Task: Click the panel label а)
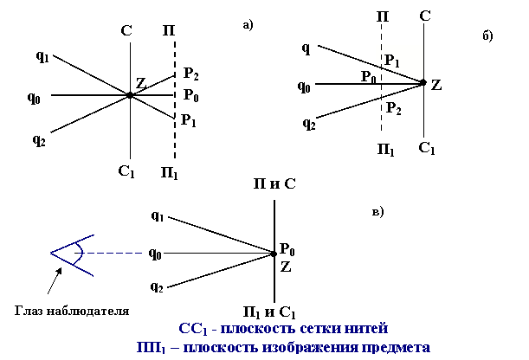(248, 25)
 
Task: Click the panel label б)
(487, 35)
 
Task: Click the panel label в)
(377, 210)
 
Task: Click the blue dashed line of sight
(113, 254)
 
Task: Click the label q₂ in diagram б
(309, 124)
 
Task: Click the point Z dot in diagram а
(129, 95)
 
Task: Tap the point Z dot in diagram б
(423, 83)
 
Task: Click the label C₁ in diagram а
(126, 171)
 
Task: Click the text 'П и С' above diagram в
(274, 183)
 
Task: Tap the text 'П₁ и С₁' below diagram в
(274, 312)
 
